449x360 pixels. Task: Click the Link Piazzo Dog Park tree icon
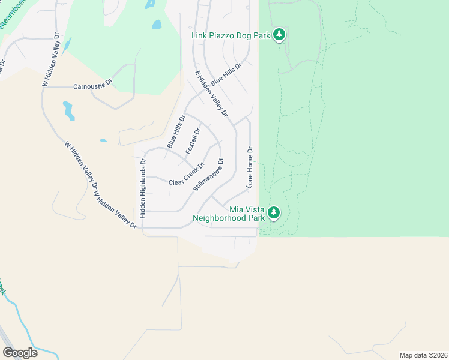279,35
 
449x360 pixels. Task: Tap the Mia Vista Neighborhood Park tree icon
274,212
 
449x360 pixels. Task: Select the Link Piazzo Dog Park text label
231,36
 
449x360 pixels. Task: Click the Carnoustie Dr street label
92,86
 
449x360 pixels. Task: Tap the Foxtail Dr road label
193,141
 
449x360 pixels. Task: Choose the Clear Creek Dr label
187,175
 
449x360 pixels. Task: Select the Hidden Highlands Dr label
143,188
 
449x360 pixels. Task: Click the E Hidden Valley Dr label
212,94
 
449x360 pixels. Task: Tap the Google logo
20,352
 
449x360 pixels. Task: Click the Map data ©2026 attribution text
423,355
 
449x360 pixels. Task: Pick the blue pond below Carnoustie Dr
68,110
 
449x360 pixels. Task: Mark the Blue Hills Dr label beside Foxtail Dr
175,133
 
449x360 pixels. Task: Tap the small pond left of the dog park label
157,25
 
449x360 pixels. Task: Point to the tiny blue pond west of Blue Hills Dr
103,140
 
